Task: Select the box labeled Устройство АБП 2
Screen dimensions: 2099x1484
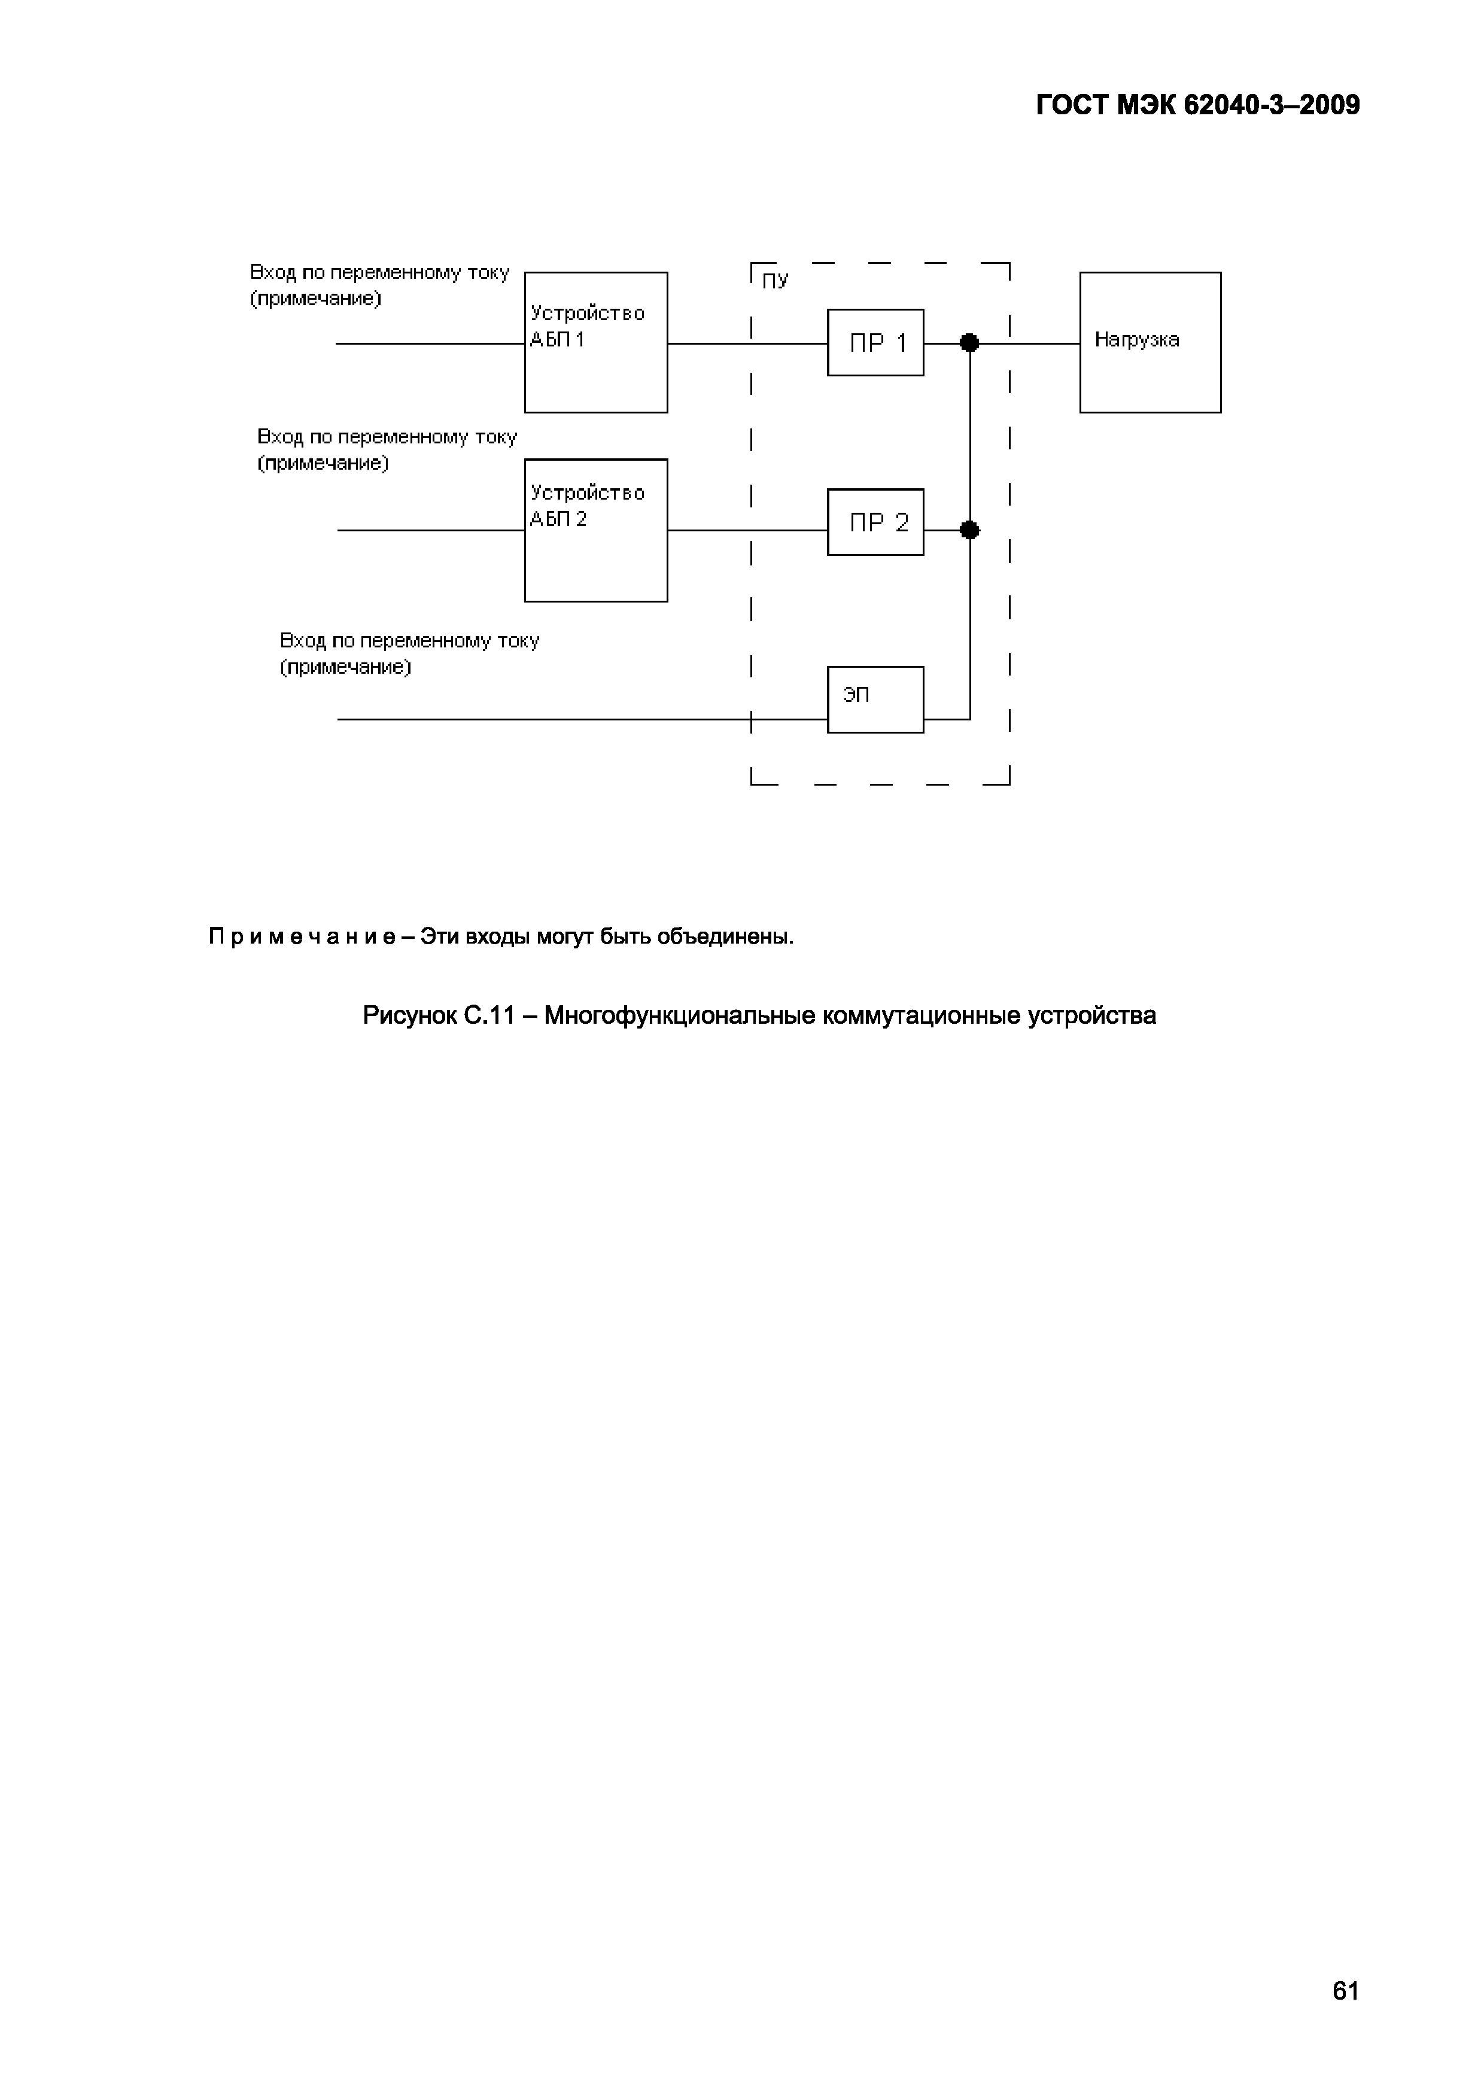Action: [595, 530]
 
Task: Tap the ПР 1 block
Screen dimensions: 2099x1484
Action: [875, 343]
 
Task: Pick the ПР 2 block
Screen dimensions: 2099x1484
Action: [875, 522]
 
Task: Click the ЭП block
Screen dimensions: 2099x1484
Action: [875, 699]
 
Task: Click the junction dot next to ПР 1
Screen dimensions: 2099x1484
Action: [969, 343]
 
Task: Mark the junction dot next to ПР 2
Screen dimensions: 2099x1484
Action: [969, 530]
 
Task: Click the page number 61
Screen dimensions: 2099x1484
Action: [1345, 1990]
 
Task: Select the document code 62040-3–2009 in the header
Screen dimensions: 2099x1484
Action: [1271, 106]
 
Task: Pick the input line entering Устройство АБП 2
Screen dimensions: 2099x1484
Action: [430, 530]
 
